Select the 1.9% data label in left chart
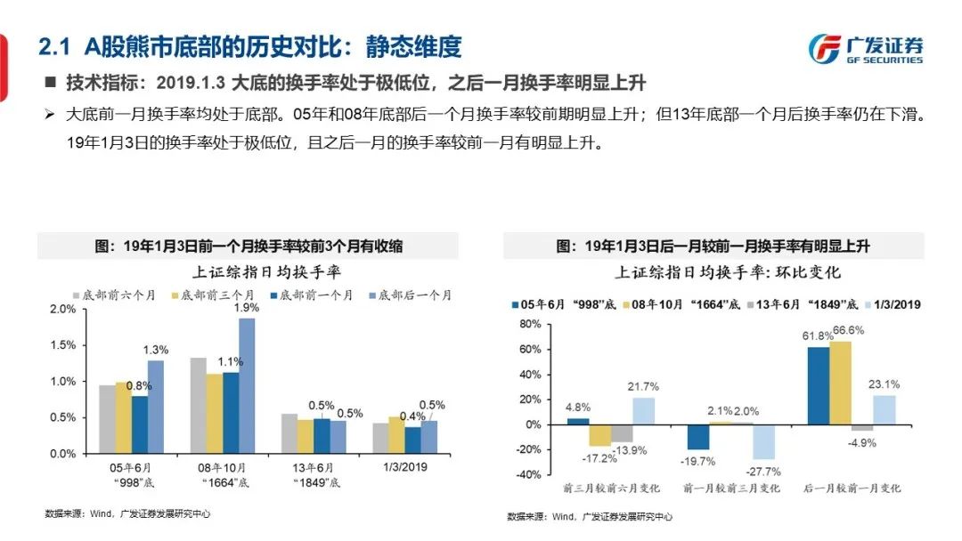pyautogui.click(x=247, y=308)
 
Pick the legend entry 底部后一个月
pyautogui.click(x=414, y=294)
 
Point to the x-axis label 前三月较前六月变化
pyautogui.click(x=614, y=489)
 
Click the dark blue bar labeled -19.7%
pyautogui.click(x=698, y=437)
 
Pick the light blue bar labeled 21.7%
pyautogui.click(x=645, y=410)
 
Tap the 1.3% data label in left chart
pyautogui.click(x=155, y=351)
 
